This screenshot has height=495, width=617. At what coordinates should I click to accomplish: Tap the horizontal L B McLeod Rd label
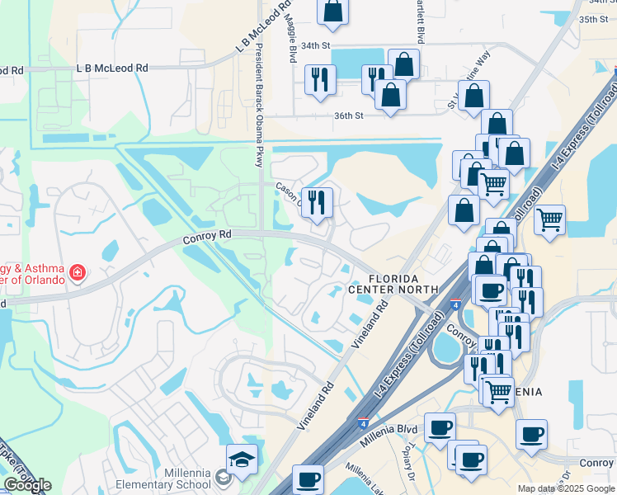click(x=111, y=68)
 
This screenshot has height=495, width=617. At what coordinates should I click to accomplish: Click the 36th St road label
click(x=348, y=116)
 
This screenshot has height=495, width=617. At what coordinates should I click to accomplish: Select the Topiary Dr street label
click(x=408, y=466)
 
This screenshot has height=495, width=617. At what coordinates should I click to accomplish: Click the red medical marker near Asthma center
click(x=78, y=271)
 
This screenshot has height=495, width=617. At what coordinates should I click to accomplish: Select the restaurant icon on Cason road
click(x=317, y=200)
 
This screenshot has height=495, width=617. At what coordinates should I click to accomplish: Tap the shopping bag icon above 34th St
click(x=332, y=10)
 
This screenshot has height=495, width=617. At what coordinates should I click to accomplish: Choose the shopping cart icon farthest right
click(x=549, y=219)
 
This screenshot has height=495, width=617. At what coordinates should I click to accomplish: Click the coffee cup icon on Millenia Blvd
click(x=440, y=427)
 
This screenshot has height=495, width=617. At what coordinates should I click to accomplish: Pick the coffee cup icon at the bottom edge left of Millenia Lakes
click(x=309, y=478)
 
